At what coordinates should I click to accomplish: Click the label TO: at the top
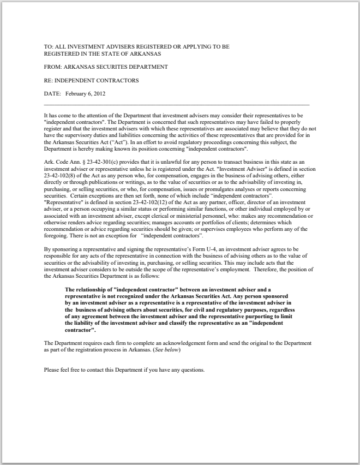click(49, 47)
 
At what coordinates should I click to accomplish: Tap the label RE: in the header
click(49, 80)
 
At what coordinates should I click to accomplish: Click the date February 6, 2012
click(85, 93)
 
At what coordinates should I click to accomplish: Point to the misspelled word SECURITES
click(115, 67)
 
